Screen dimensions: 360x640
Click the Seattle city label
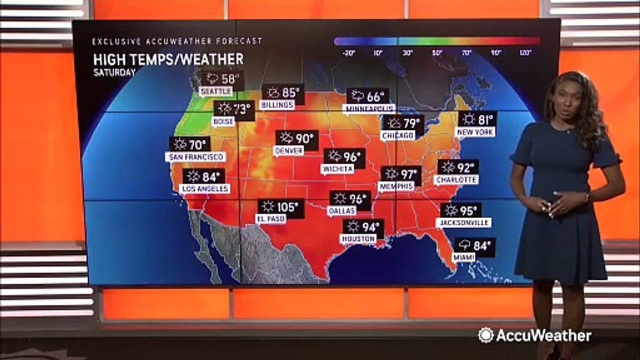(x=216, y=91)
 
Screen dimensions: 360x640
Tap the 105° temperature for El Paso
(x=288, y=206)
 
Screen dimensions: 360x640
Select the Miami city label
(x=464, y=257)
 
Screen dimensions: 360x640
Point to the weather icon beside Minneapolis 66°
(x=358, y=96)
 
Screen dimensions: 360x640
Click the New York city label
(x=475, y=132)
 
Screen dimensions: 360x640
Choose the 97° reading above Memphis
(x=408, y=174)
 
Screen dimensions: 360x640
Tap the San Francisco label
(x=195, y=157)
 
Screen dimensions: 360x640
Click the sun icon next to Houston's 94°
(x=353, y=226)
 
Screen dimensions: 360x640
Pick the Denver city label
(x=289, y=150)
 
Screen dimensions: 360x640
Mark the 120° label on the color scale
(x=525, y=52)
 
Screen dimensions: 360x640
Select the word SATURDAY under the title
(x=114, y=72)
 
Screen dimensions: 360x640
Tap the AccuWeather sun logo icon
(x=485, y=335)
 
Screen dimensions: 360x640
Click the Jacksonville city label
(x=463, y=222)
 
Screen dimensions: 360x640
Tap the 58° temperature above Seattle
(x=230, y=78)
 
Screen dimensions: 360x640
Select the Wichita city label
(x=337, y=169)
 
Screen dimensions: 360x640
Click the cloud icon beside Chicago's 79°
(x=394, y=122)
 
